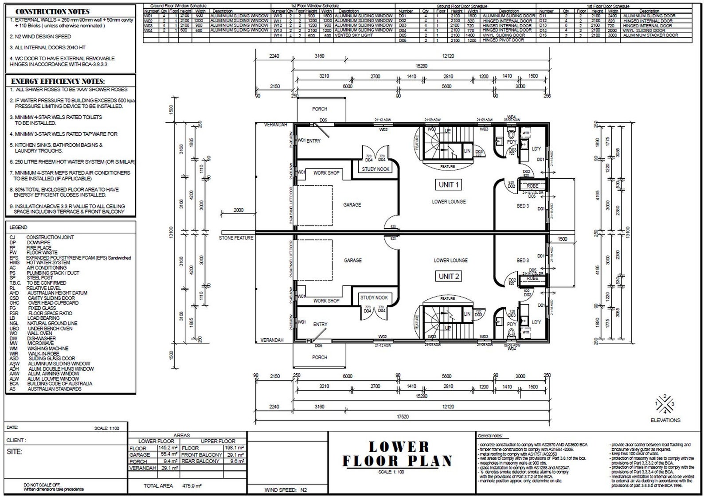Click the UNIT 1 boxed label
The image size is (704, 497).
click(449, 185)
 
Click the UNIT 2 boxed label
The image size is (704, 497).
click(449, 276)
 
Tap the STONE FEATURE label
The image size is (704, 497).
click(236, 238)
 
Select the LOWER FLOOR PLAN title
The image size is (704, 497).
click(398, 454)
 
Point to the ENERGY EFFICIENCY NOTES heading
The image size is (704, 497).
click(58, 82)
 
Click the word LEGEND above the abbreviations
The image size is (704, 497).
click(18, 227)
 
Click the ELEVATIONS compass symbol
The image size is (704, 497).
click(665, 404)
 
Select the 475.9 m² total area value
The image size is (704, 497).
click(192, 486)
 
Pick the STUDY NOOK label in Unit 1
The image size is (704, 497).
click(375, 169)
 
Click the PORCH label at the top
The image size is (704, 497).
click(319, 109)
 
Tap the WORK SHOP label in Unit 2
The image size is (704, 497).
click(326, 301)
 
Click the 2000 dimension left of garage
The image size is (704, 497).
click(238, 210)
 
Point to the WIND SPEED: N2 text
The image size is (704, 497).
click(286, 490)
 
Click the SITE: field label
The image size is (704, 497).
click(15, 452)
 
